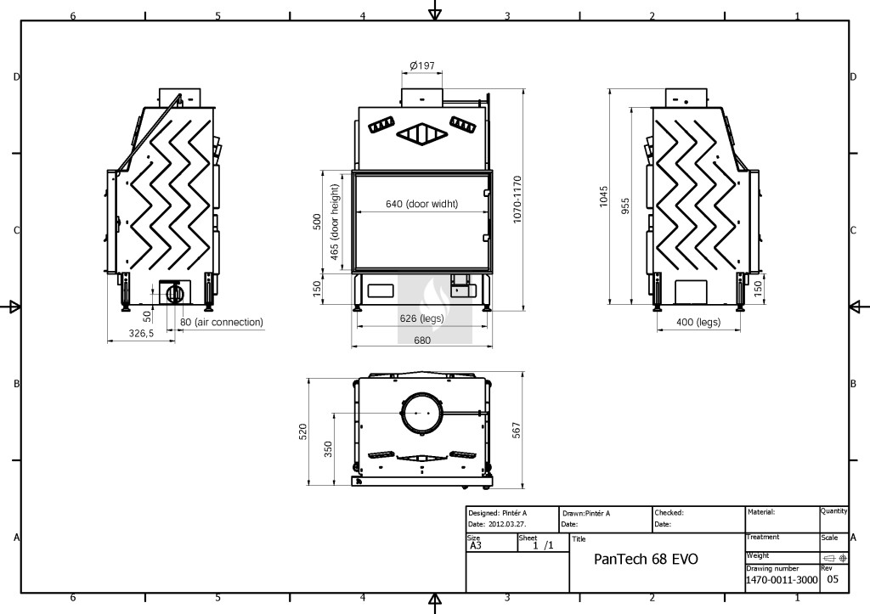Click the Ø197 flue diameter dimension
click(422, 65)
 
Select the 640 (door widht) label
click(421, 204)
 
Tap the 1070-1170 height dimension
click(517, 199)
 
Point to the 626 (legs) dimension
click(421, 318)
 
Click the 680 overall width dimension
click(422, 340)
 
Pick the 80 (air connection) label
click(222, 322)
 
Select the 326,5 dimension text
click(141, 334)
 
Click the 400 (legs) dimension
click(698, 322)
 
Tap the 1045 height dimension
click(604, 197)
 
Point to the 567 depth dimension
click(517, 431)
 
